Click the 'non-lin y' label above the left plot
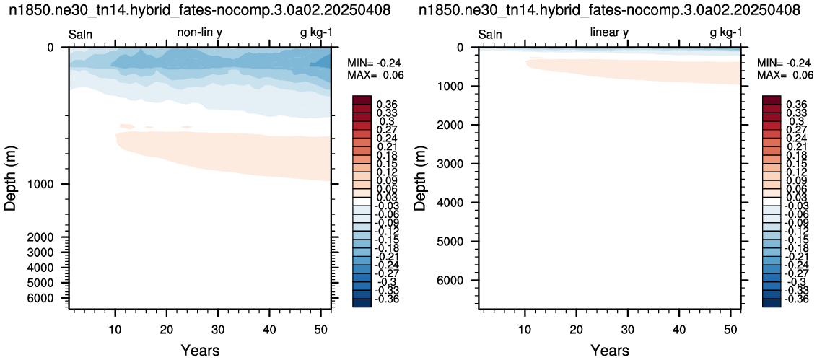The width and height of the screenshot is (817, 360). [201, 32]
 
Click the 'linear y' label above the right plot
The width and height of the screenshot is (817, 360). [609, 32]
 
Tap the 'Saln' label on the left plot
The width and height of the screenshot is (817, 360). [82, 35]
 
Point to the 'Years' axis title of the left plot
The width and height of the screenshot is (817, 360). [201, 350]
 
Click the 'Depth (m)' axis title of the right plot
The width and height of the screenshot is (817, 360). [421, 178]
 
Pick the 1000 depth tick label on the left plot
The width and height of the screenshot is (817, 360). [48, 184]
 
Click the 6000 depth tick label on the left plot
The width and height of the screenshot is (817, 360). [48, 298]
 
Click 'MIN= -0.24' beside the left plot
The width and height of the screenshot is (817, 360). [375, 63]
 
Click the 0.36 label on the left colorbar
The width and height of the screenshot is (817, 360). [387, 104]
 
